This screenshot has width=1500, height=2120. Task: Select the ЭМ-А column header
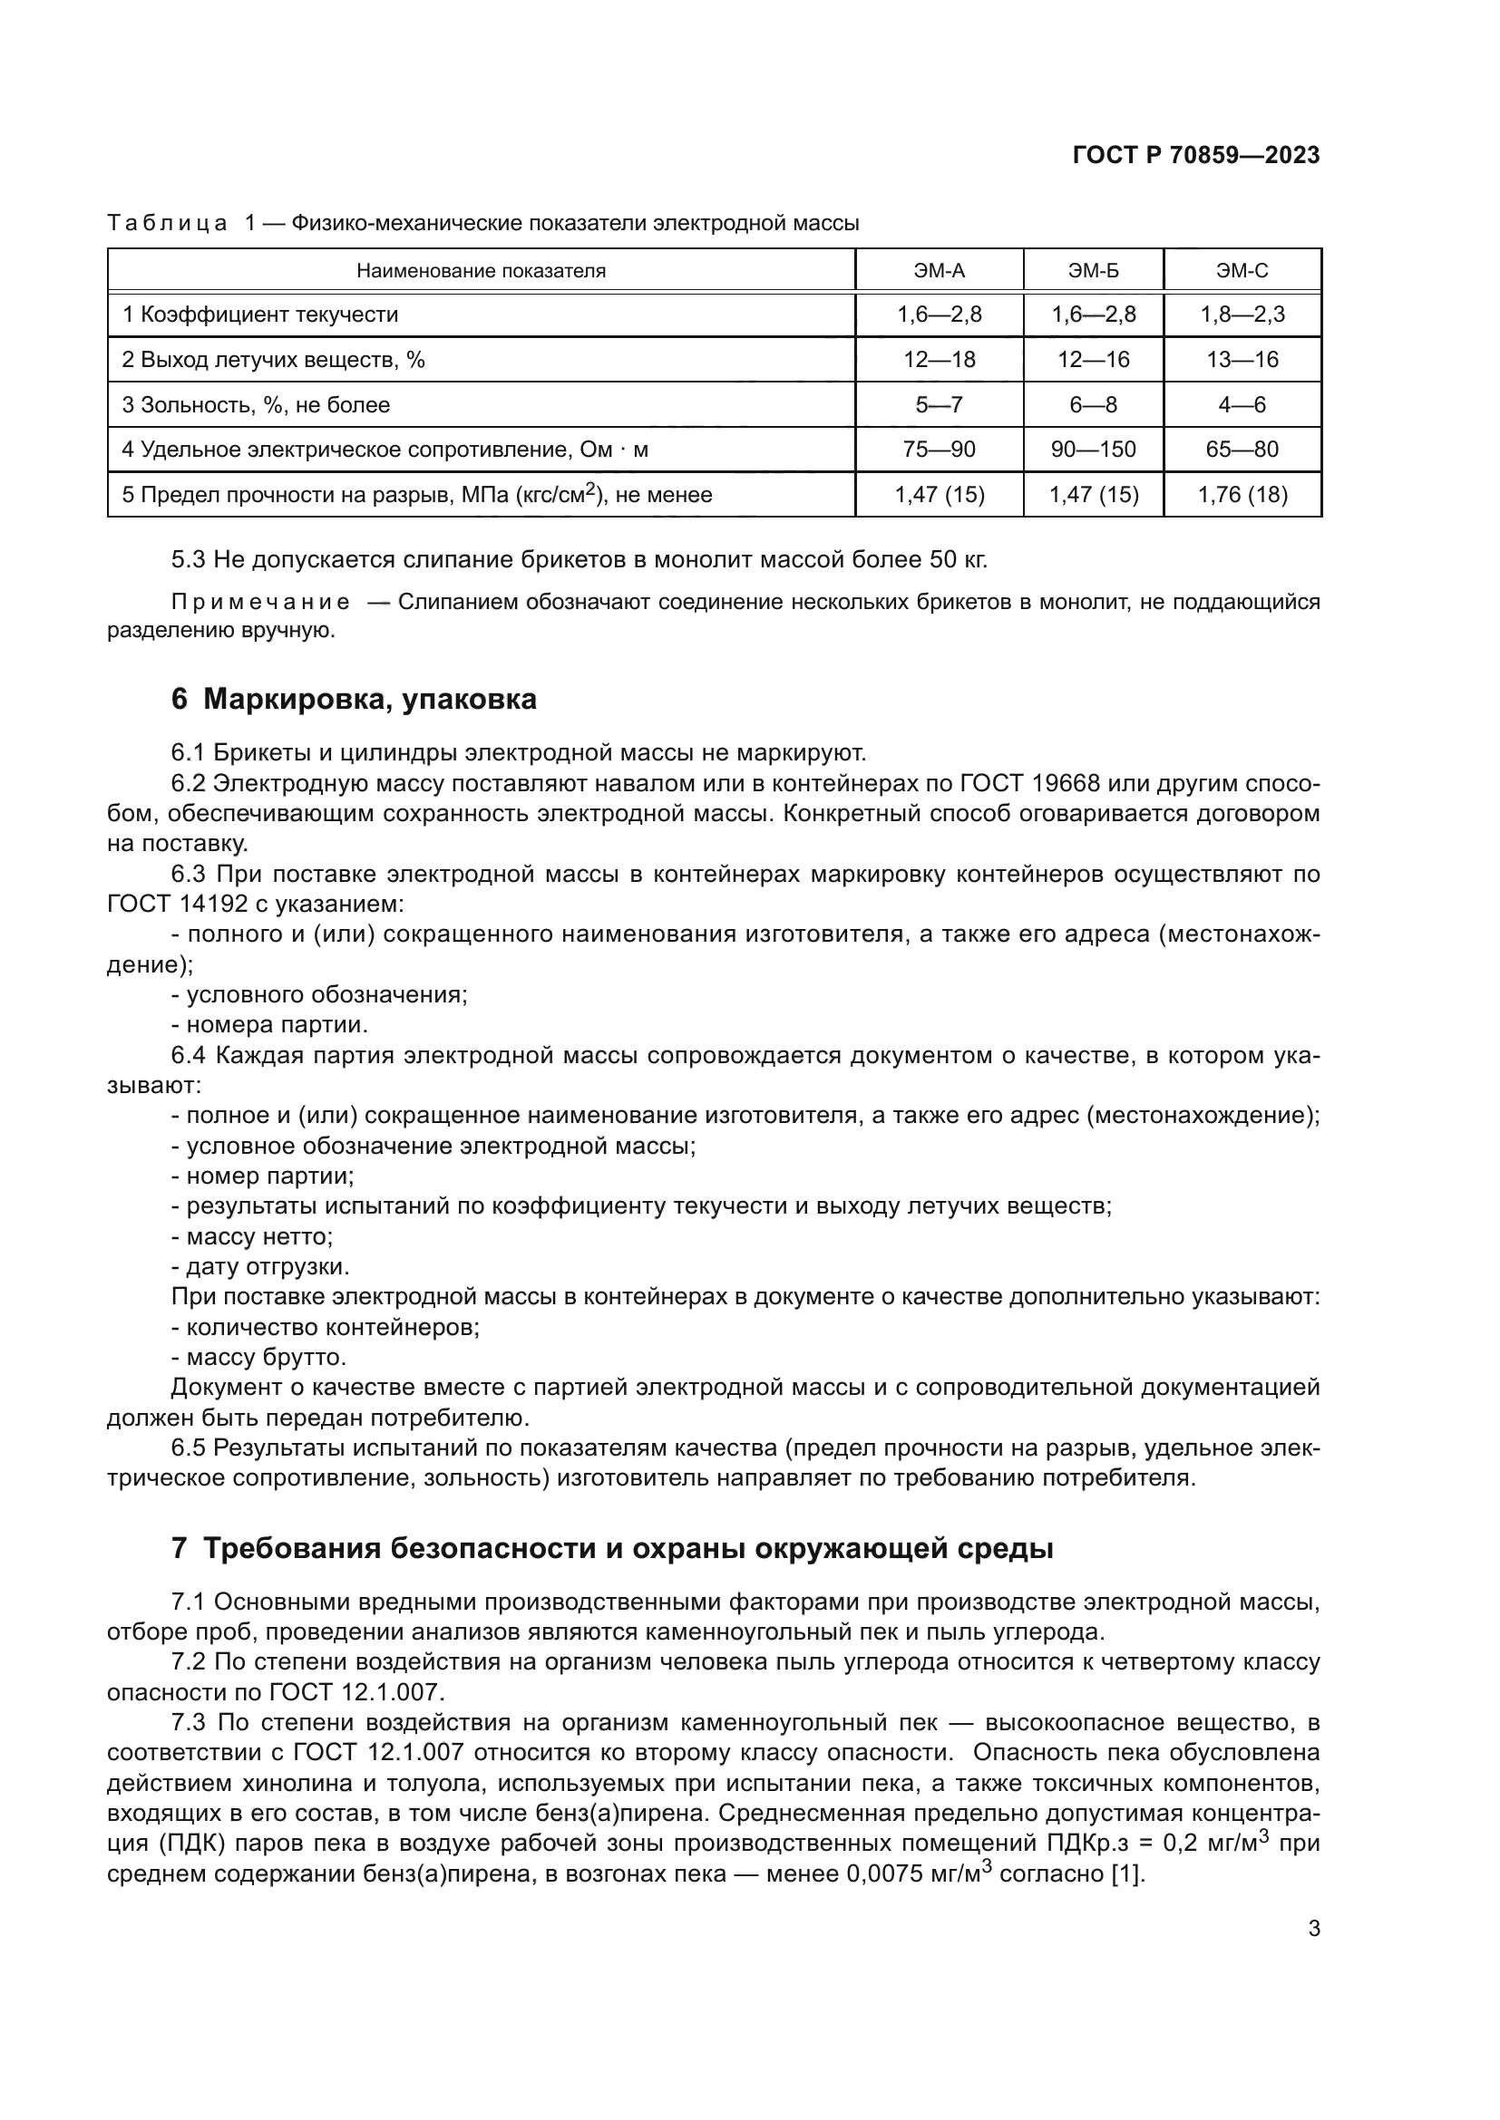pos(939,270)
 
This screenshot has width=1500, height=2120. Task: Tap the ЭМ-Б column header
pos(1093,270)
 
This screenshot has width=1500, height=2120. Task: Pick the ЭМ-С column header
pos(1242,270)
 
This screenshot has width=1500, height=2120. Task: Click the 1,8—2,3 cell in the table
pos(1242,315)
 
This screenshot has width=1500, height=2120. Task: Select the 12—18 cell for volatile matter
pos(939,359)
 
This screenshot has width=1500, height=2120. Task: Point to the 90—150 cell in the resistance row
pos(1093,450)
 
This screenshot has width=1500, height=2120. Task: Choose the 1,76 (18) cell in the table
pos(1242,495)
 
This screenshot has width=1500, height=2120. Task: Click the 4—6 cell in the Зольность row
pos(1242,404)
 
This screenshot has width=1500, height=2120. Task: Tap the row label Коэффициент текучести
pos(268,315)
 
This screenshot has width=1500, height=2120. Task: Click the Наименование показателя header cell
pos(481,270)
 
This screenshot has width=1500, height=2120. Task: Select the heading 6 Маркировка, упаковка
pos(353,699)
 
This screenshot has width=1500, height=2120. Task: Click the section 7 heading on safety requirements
pos(611,1547)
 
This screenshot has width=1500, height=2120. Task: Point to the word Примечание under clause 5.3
pos(260,603)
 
